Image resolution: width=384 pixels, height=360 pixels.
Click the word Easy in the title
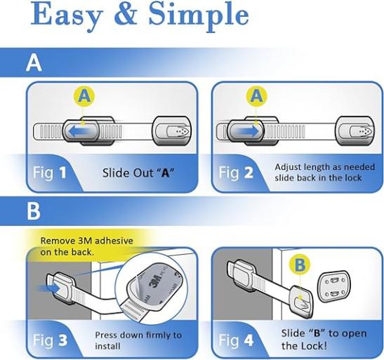click(65, 16)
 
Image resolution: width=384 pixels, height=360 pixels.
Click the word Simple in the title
click(199, 16)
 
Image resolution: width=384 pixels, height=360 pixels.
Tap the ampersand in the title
click(125, 14)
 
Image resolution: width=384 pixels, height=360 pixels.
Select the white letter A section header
click(34, 63)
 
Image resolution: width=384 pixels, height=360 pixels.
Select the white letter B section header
click(34, 211)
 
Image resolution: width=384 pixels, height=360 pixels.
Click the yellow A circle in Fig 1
click(84, 96)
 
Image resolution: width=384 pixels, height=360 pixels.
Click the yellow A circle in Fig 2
click(256, 96)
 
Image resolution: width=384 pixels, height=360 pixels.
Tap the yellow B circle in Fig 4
click(300, 265)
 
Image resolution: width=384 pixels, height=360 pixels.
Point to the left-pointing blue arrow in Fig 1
click(79, 131)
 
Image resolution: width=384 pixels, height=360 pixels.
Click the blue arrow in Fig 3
click(50, 288)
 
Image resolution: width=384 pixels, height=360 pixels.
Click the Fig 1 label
click(49, 173)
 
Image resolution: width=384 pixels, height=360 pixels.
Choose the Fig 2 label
click(236, 173)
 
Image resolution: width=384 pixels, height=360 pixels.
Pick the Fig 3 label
click(50, 340)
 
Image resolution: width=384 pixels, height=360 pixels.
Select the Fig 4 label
click(236, 340)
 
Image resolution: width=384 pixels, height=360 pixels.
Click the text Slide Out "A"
click(138, 173)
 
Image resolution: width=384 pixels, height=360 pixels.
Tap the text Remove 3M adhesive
click(86, 241)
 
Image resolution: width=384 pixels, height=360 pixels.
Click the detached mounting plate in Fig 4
click(333, 286)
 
